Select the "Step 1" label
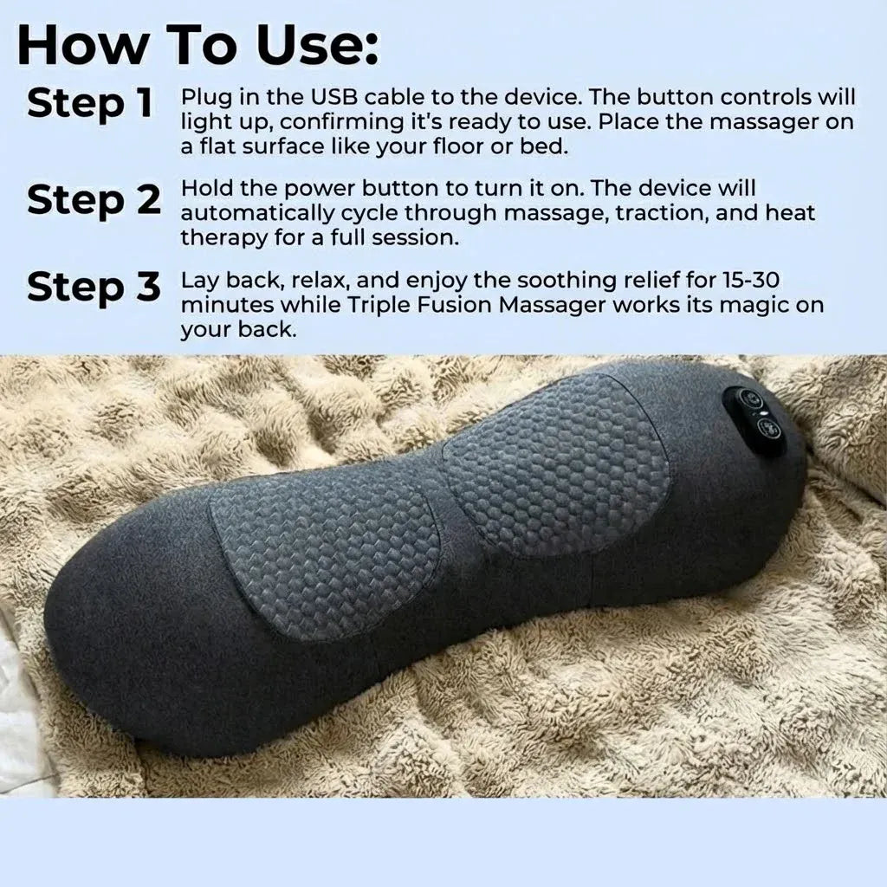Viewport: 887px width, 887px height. [90, 104]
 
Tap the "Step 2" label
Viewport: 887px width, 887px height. [94, 200]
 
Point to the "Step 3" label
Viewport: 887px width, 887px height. [94, 287]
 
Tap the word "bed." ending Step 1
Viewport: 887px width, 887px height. [545, 146]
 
